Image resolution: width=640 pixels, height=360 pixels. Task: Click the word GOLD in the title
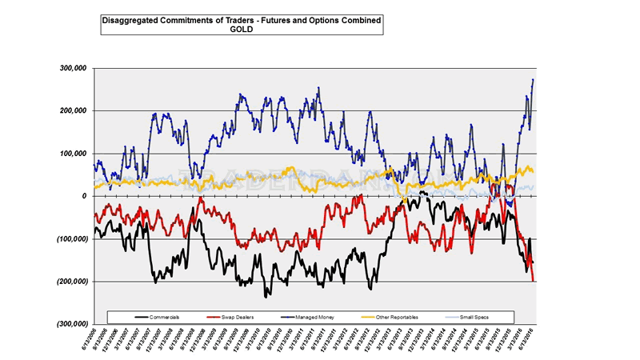[241, 28]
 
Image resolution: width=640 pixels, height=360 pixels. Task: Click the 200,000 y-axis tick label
[74, 110]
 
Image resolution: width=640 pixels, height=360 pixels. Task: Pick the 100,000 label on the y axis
[74, 153]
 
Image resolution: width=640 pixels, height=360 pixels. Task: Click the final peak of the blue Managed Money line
[534, 79]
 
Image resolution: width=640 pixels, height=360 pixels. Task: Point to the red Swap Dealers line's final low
[534, 280]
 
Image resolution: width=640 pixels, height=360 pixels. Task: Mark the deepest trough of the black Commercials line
[266, 296]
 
